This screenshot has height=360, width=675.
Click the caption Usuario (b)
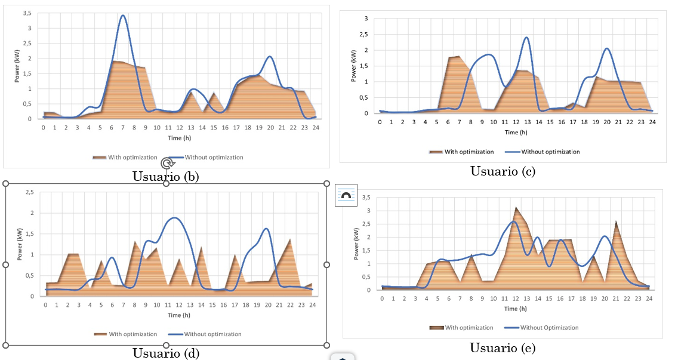(x=165, y=176)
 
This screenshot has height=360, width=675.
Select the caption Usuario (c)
(x=503, y=171)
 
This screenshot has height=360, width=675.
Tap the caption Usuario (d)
(x=166, y=353)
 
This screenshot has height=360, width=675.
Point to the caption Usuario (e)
(x=502, y=348)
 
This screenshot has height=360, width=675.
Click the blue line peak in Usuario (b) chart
(x=123, y=16)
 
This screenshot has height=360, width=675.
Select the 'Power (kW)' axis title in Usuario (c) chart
(x=355, y=66)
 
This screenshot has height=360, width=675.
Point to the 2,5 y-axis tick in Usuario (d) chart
(x=29, y=192)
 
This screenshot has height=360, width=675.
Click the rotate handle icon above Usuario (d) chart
(x=168, y=162)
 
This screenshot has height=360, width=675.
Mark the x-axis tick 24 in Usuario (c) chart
(x=652, y=122)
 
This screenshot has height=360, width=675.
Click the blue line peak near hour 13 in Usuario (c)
(x=526, y=38)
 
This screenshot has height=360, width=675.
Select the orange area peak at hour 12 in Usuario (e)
(x=516, y=208)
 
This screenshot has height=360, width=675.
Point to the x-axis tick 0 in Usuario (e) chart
(x=383, y=299)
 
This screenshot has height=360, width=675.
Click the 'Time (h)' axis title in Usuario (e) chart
(x=515, y=309)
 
